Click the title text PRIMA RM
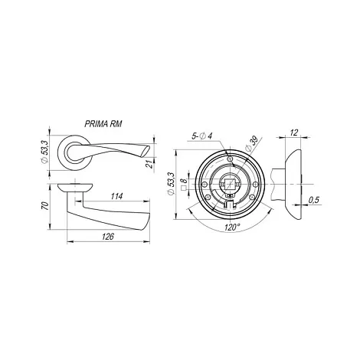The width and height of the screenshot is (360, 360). click(103, 124)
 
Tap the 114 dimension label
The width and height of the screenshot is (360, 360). click(116, 196)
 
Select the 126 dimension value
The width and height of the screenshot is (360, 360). click(108, 237)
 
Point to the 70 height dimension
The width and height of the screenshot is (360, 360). click(44, 205)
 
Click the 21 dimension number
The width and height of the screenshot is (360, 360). click(150, 163)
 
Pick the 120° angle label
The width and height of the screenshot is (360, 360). click(232, 227)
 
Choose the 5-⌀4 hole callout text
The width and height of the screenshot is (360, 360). click(202, 136)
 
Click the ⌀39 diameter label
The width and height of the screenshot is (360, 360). click(250, 144)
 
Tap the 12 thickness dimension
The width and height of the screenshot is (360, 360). click(294, 133)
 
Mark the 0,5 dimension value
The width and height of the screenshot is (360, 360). click(314, 200)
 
